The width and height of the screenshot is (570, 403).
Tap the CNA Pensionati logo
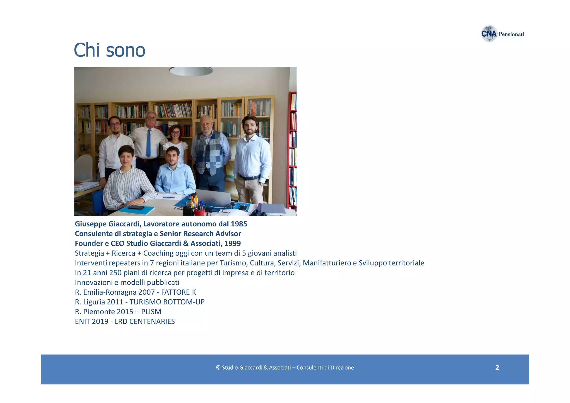[x=502, y=34]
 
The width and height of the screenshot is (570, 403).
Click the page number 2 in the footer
[x=497, y=368]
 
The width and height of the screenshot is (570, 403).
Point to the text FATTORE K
[x=178, y=292]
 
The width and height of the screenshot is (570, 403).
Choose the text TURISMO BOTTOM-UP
[x=167, y=302]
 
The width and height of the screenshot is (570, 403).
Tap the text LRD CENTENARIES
[x=144, y=321]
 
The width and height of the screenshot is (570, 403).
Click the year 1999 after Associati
[x=232, y=243]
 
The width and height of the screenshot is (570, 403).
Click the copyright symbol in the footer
[x=218, y=368]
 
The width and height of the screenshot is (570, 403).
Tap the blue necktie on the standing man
[x=149, y=143]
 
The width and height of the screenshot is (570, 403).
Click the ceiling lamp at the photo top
[x=191, y=71]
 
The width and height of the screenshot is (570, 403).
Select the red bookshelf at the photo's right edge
[x=292, y=150]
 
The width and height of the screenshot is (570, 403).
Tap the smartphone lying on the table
[x=136, y=207]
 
